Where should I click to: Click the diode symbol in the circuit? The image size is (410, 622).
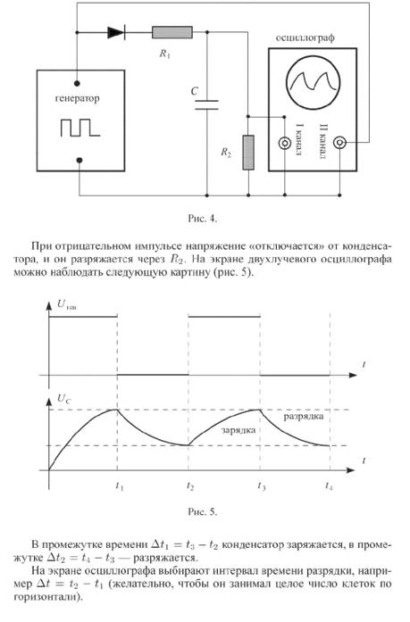[116, 32]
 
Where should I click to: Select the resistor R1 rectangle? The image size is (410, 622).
[172, 32]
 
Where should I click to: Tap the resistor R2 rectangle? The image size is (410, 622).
[248, 153]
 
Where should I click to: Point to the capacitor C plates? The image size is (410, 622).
[206, 104]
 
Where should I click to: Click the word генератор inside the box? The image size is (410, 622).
[78, 98]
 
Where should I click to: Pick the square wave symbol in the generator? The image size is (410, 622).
[80, 128]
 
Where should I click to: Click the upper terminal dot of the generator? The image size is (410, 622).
[78, 83]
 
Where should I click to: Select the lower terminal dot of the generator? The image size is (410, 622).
[79, 161]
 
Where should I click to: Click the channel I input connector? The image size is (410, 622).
[285, 143]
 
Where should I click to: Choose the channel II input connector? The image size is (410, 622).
[339, 143]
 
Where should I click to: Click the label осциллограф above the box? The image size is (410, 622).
[305, 37]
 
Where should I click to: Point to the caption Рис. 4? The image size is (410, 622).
[203, 218]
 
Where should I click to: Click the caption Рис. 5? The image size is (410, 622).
[203, 511]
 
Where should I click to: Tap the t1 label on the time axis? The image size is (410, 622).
[119, 485]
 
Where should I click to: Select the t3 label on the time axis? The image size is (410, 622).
[261, 485]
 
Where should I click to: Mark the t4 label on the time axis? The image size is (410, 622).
[329, 485]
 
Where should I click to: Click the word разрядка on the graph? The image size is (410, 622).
[304, 417]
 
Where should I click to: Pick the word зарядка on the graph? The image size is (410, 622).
[238, 430]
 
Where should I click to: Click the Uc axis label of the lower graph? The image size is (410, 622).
[64, 399]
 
